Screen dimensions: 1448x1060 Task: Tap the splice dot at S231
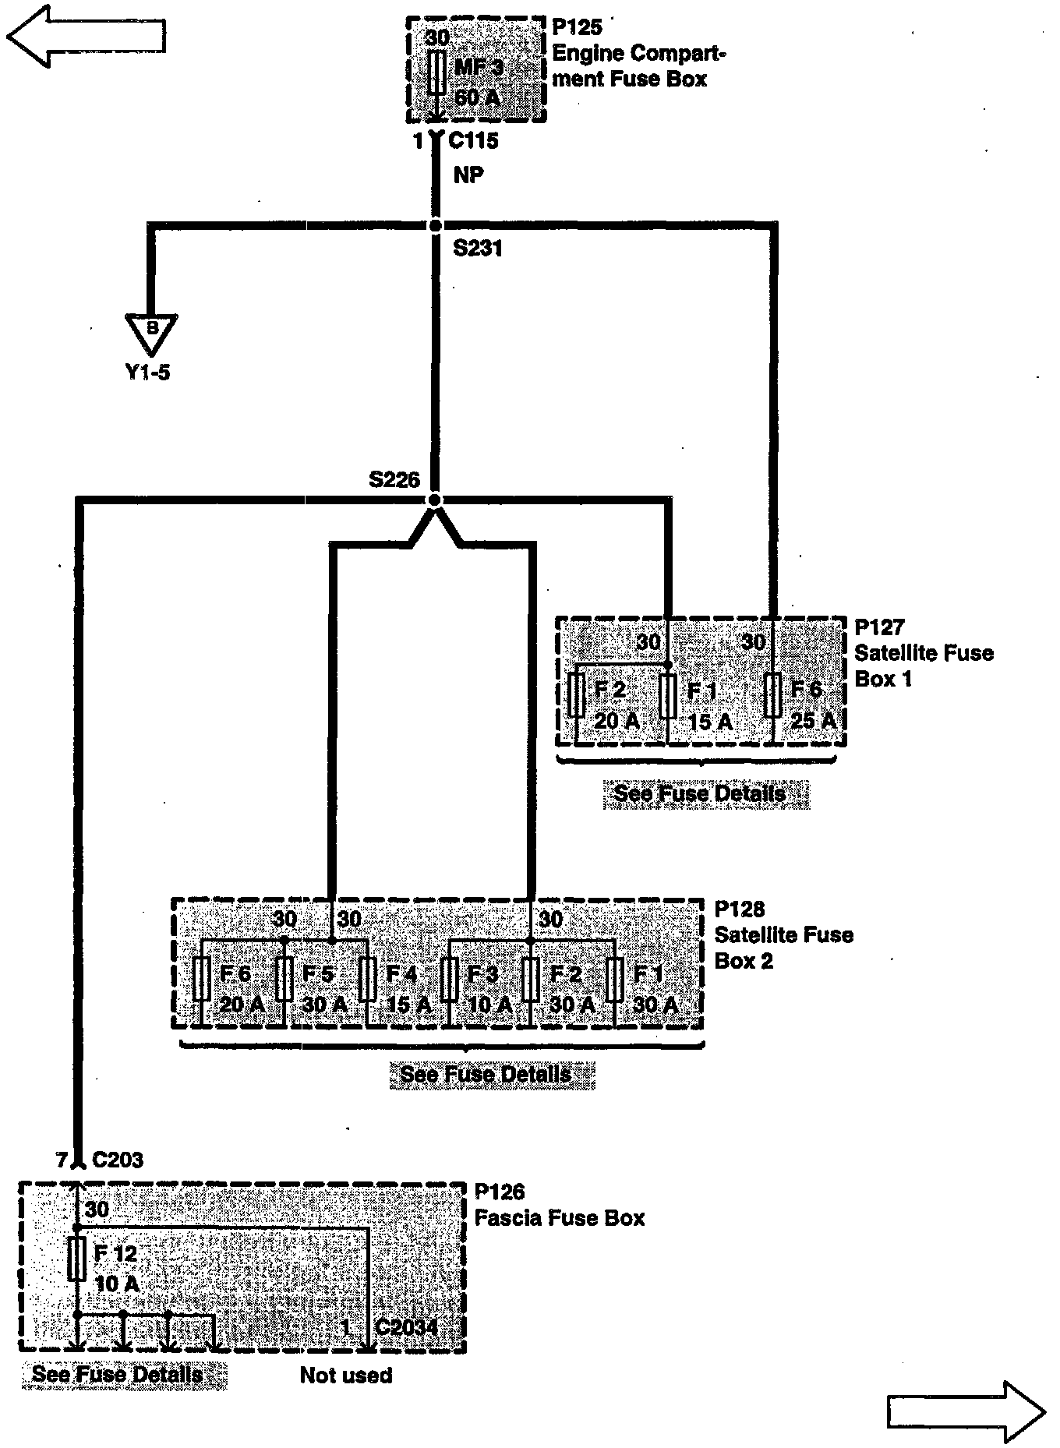435,225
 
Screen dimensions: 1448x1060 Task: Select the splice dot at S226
435,500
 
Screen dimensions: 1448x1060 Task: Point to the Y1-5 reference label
147,373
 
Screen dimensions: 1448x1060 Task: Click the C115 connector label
473,141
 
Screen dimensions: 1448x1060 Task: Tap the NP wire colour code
468,175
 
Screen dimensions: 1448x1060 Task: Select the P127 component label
879,627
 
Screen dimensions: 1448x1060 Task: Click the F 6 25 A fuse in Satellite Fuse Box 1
772,696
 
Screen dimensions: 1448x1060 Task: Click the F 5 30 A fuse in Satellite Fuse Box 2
284,979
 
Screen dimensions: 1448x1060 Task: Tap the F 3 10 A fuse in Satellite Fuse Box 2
449,979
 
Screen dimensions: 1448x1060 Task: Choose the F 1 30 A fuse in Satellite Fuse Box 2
614,979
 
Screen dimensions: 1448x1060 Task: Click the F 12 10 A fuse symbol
77,1259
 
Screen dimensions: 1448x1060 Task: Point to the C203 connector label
117,1160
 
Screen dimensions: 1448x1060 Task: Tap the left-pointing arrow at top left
86,35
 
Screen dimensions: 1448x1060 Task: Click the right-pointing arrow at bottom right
966,1411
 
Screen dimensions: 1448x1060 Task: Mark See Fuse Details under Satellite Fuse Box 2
485,1074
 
